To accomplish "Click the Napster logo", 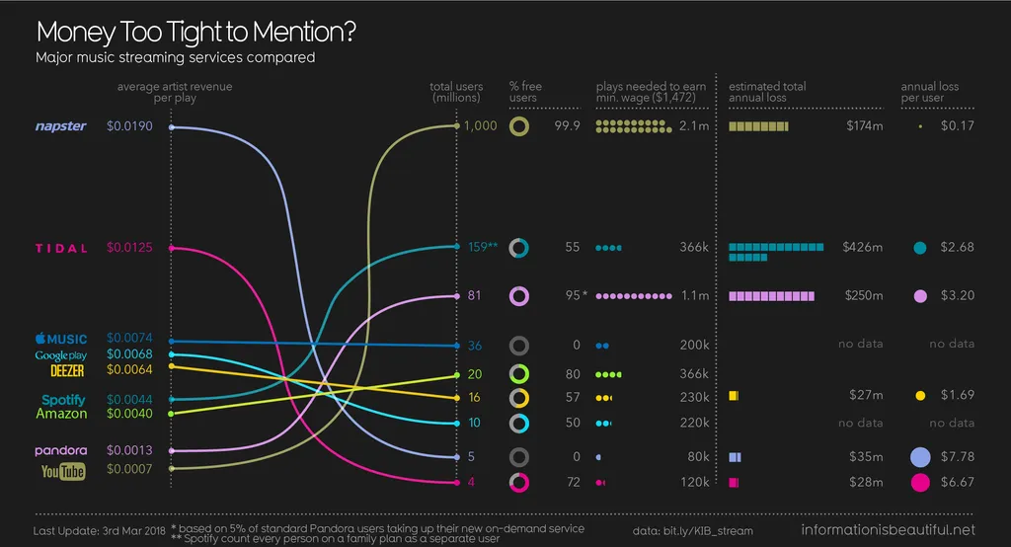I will pos(61,126).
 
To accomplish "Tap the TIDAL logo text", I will pos(62,248).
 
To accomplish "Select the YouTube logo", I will pos(63,472).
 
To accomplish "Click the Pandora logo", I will pos(61,450).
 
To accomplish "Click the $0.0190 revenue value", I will pos(129,126).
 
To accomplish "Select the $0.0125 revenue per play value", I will pos(129,248).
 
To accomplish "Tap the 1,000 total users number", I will pos(481,126).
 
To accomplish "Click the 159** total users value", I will pos(483,247).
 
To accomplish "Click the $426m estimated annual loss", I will pos(863,247).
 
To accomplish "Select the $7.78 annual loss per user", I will pos(957,457).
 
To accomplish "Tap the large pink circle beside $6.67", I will pos(920,483).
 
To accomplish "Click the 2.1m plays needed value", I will pos(694,126).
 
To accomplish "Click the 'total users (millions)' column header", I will pos(455,92).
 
